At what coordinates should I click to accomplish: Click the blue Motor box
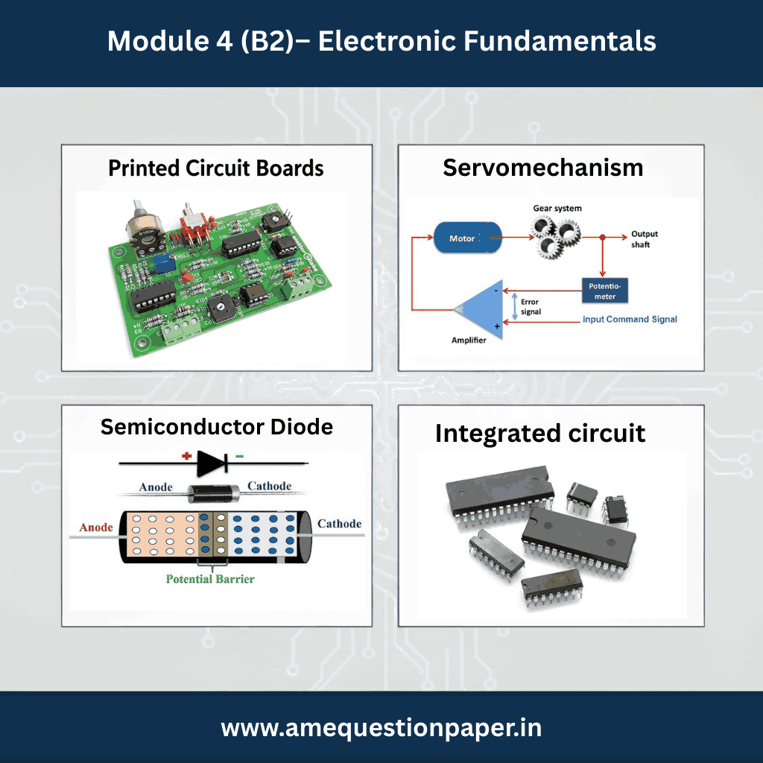(x=467, y=238)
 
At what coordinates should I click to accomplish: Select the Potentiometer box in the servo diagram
(x=605, y=291)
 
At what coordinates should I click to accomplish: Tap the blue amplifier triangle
(x=479, y=309)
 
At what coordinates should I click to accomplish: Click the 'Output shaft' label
(x=645, y=239)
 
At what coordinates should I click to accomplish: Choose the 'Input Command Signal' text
(x=630, y=319)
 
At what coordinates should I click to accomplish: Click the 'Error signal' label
(x=531, y=306)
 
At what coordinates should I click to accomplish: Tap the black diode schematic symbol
(x=212, y=463)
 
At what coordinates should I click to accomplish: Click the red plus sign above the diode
(x=186, y=456)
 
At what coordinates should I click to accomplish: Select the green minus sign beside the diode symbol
(x=239, y=457)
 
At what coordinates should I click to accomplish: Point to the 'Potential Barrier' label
(x=210, y=578)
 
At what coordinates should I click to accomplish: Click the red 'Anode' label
(x=96, y=527)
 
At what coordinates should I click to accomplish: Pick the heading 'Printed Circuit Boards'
(x=215, y=168)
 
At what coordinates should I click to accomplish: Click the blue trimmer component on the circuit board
(x=161, y=265)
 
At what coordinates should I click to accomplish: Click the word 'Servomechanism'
(x=543, y=168)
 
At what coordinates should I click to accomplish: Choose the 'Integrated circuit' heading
(x=540, y=433)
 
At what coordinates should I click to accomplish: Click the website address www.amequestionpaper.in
(x=381, y=728)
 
